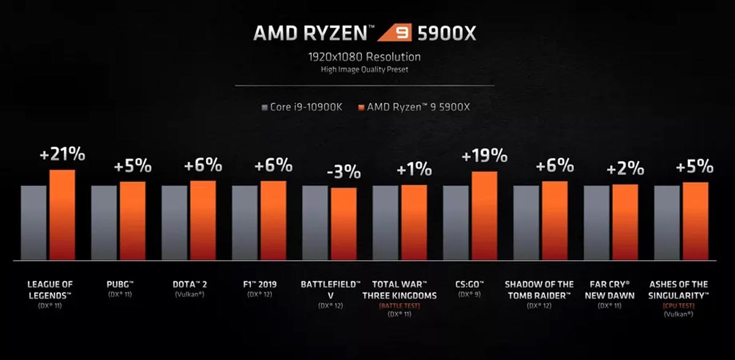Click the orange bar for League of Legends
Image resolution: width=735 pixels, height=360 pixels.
point(62,214)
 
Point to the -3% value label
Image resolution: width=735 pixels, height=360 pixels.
point(344,172)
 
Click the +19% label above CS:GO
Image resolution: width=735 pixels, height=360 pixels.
point(484,156)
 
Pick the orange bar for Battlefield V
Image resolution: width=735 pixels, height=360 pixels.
point(344,223)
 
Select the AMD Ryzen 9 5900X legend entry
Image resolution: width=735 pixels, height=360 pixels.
point(418,108)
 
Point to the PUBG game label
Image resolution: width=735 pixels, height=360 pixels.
point(119,285)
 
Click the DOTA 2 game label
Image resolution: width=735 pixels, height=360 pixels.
point(189,285)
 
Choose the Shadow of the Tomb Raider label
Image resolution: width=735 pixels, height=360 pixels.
point(540,290)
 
